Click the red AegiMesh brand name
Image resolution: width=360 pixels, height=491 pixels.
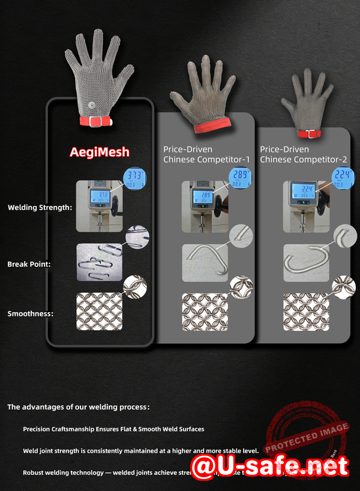point(99,152)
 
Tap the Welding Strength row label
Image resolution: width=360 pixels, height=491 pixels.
point(40,208)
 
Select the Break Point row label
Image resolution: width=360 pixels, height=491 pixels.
point(29,264)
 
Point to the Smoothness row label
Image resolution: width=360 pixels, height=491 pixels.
point(31,314)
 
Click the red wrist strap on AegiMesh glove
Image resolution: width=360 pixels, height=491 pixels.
point(97,121)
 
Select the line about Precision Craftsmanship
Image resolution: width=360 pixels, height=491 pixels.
point(113,429)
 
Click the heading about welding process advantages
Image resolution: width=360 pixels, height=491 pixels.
point(78,407)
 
